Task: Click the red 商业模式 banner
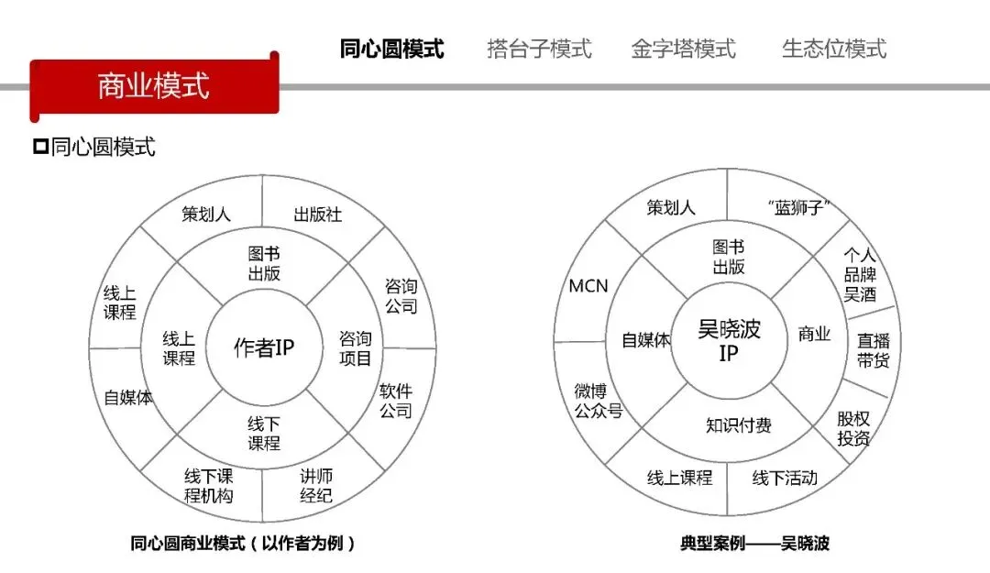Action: pos(153,85)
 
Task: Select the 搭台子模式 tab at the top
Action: pos(539,49)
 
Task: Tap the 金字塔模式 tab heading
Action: pos(683,49)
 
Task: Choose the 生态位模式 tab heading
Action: pos(833,49)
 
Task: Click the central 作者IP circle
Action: pos(264,348)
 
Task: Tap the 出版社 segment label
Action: pos(317,215)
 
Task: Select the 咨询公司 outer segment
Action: pos(401,296)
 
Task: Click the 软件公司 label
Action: pos(396,402)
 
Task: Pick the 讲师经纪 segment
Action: pos(316,486)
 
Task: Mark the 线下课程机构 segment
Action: pos(209,486)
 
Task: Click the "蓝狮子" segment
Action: pos(787,208)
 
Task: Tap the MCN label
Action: pos(588,286)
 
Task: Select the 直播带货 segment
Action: pos(873,350)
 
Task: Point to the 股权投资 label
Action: pos(853,428)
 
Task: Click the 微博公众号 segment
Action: pos(598,402)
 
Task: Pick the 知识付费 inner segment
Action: pos(738,425)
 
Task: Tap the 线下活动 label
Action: pos(785,478)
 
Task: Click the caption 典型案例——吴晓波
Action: pos(753,544)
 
